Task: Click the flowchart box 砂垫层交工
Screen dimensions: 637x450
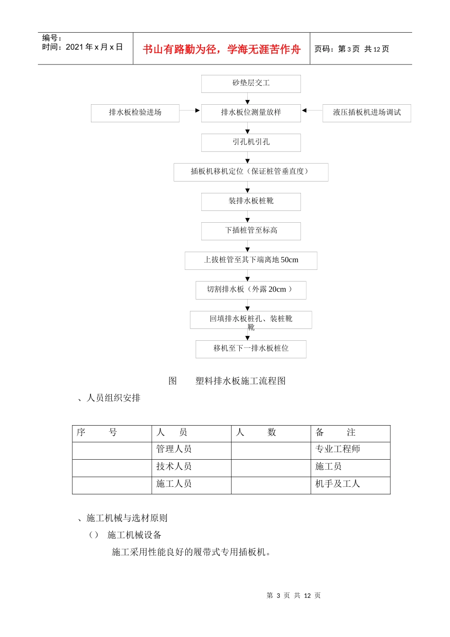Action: click(251, 83)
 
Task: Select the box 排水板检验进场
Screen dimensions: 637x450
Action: click(135, 113)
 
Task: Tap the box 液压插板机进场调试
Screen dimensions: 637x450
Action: click(367, 113)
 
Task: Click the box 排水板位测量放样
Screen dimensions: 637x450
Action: click(251, 113)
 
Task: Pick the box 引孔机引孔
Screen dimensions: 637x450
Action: click(251, 142)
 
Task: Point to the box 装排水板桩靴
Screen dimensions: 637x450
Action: click(251, 201)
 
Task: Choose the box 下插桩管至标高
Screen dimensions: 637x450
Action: click(251, 231)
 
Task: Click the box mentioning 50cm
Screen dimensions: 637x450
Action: click(251, 260)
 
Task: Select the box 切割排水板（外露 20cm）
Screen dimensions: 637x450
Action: click(251, 290)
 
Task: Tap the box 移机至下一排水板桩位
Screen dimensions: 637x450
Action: click(251, 349)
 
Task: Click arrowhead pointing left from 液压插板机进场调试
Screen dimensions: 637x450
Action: click(305, 110)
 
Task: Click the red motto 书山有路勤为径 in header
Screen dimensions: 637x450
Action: click(221, 49)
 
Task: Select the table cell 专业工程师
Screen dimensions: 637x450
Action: click(338, 449)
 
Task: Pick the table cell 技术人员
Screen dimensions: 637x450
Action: click(174, 467)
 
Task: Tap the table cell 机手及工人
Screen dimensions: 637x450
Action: click(338, 484)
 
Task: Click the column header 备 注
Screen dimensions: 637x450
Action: click(335, 433)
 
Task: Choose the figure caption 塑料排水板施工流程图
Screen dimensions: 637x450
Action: click(241, 381)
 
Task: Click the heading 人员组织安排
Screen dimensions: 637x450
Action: click(114, 398)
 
